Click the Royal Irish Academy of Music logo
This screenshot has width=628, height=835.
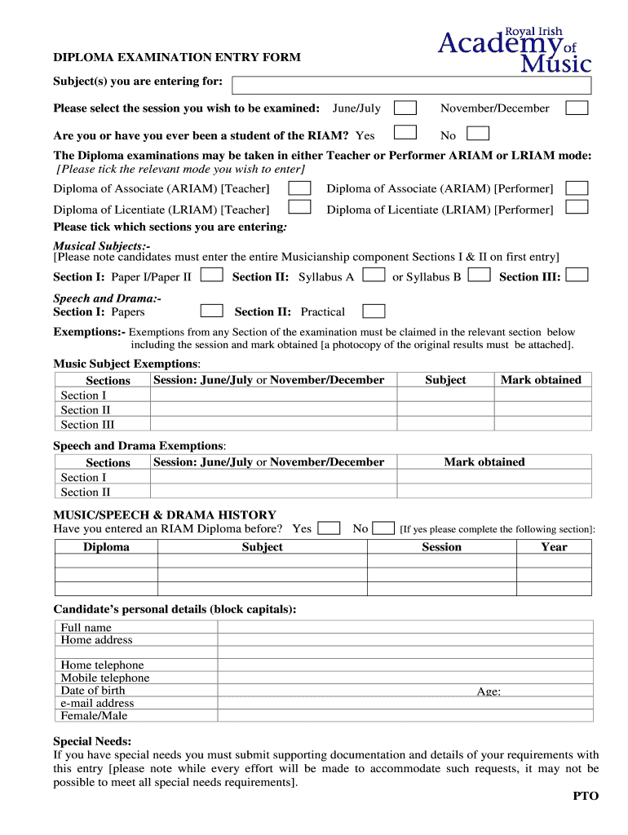(x=514, y=50)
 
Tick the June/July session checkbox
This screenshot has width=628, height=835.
(x=405, y=108)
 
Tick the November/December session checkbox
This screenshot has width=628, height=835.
(x=577, y=108)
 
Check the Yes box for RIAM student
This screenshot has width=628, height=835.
(x=405, y=133)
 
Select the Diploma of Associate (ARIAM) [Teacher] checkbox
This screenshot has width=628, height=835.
(x=299, y=188)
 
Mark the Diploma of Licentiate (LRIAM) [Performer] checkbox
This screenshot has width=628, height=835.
(x=577, y=207)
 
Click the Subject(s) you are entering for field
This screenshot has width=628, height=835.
(x=411, y=86)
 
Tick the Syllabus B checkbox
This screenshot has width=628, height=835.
(x=480, y=275)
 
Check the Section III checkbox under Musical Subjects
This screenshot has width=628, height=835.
(x=577, y=275)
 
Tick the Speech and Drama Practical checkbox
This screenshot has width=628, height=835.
(x=374, y=311)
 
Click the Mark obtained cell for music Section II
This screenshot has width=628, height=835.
(x=542, y=409)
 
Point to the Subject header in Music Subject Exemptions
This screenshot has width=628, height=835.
(x=445, y=380)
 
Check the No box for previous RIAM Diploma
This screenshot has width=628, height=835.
(x=383, y=528)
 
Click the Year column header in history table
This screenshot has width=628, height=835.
(x=554, y=547)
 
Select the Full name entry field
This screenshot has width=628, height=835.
(x=405, y=627)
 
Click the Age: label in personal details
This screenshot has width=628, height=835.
(x=489, y=691)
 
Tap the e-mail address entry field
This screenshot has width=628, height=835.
(x=405, y=703)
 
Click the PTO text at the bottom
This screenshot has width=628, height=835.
(x=585, y=796)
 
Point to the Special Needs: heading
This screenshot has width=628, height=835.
(x=92, y=741)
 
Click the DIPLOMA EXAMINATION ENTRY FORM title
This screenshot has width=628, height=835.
(x=177, y=58)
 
